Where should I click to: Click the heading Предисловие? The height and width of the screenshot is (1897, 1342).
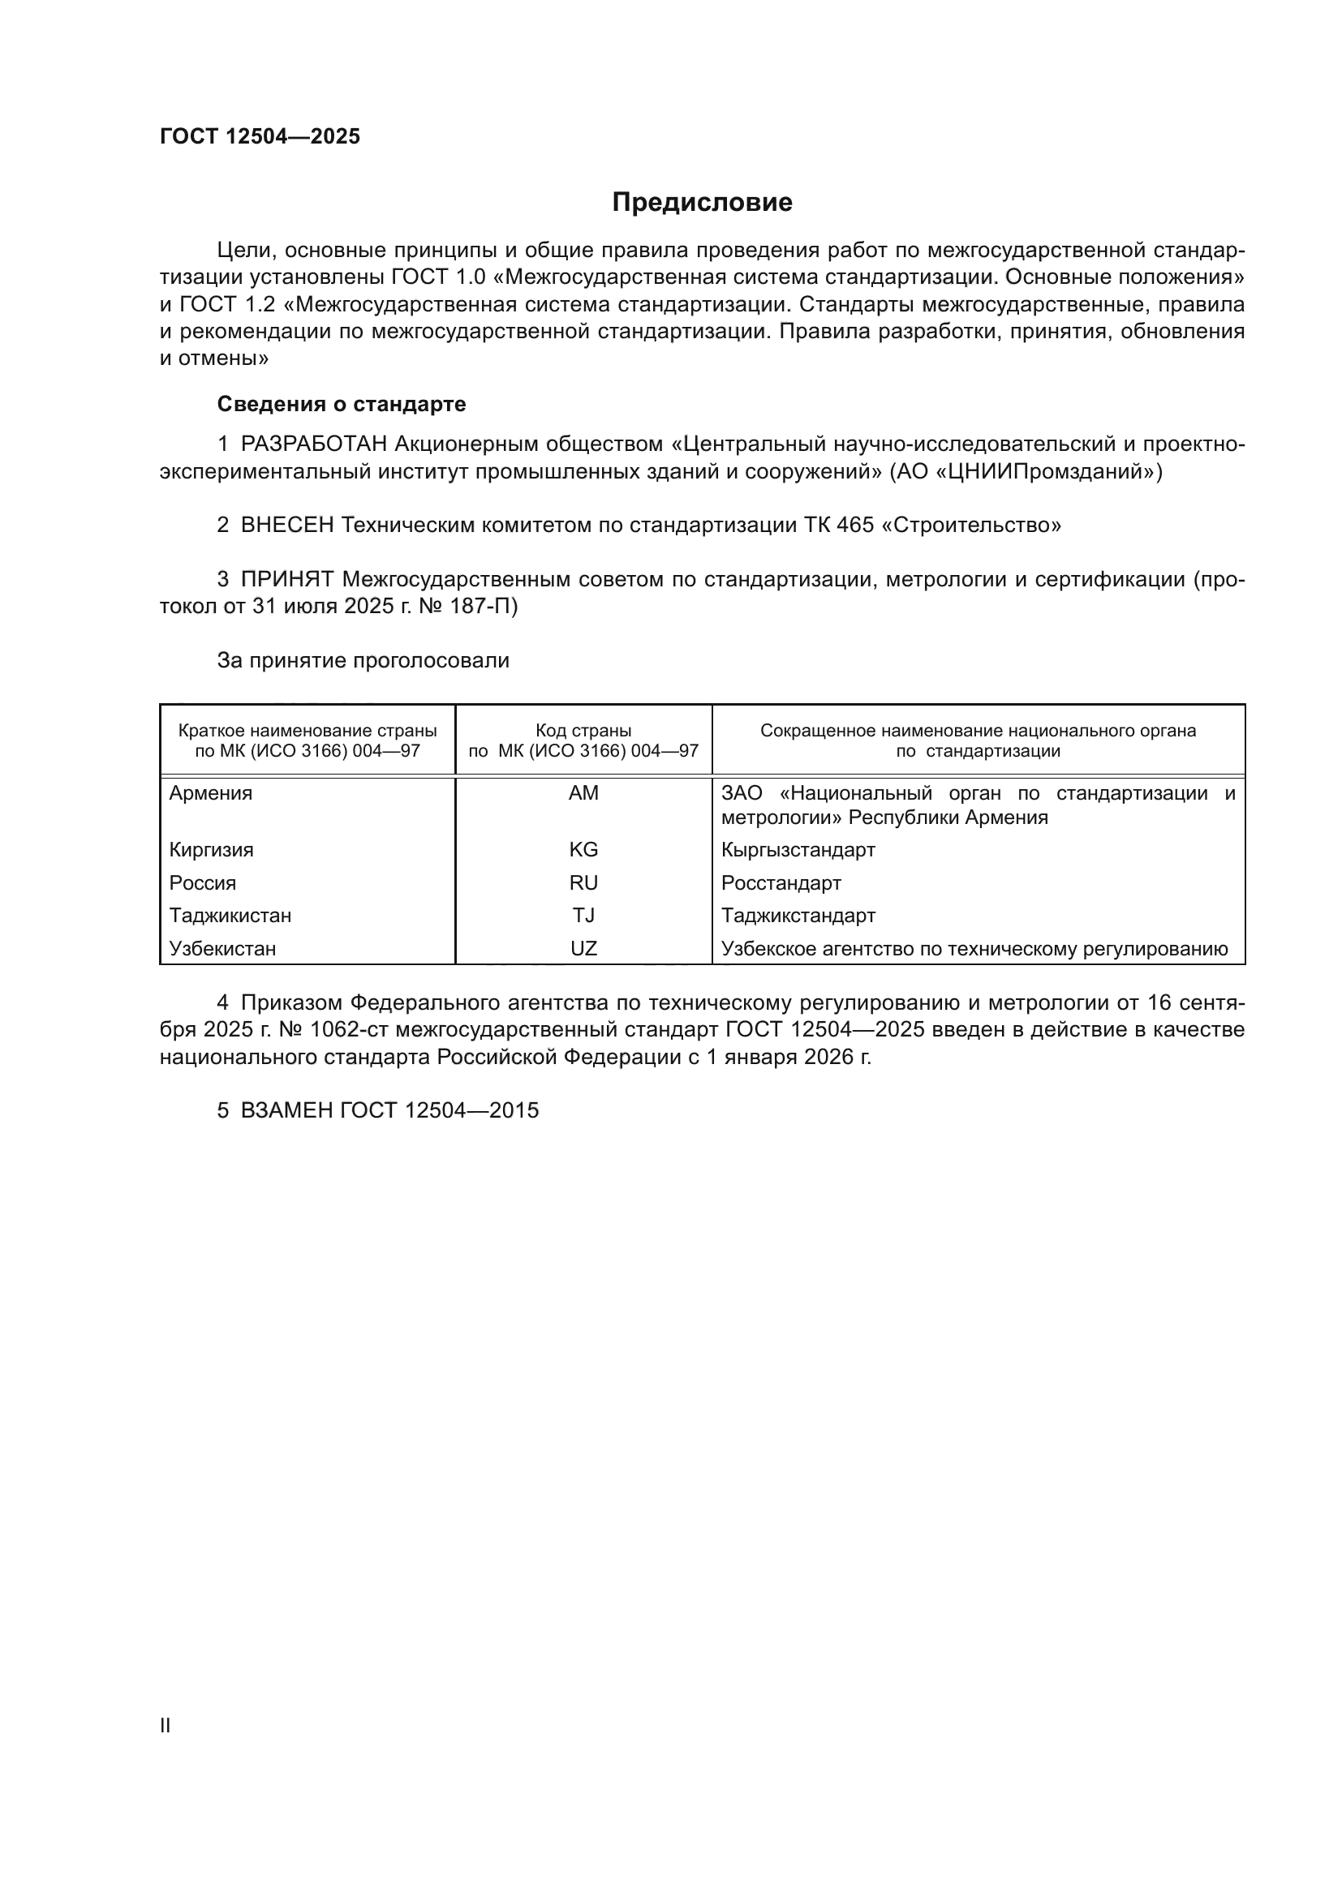click(x=702, y=203)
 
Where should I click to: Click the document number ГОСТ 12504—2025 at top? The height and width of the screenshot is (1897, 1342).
click(x=260, y=136)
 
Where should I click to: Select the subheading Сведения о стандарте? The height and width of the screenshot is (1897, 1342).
click(x=342, y=404)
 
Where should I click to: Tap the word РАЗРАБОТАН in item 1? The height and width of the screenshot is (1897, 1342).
click(x=314, y=444)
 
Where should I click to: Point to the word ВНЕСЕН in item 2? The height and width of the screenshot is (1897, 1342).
click(x=287, y=526)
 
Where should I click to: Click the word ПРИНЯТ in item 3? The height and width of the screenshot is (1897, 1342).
click(x=286, y=580)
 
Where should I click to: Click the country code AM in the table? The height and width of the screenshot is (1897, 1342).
click(x=583, y=794)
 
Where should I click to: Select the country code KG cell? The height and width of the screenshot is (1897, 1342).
click(x=583, y=850)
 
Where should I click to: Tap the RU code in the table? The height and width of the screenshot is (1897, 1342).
click(x=583, y=883)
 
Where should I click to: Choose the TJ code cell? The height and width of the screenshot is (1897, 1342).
click(x=583, y=916)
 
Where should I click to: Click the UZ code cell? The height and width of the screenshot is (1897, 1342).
click(x=583, y=949)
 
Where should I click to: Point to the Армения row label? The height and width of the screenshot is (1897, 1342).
click(x=211, y=794)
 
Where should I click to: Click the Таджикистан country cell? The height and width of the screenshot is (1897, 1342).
click(x=230, y=916)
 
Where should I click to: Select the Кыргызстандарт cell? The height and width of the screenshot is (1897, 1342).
click(x=798, y=850)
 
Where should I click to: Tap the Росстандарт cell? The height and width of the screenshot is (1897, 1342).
click(x=781, y=883)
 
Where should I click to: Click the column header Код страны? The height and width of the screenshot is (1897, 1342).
click(x=583, y=732)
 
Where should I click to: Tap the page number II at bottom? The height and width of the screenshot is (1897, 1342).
click(x=166, y=1726)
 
